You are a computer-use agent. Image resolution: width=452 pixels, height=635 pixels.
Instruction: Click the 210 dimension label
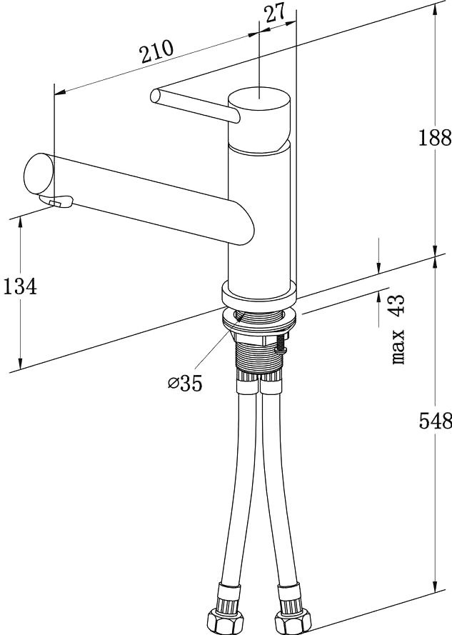(x=156, y=51)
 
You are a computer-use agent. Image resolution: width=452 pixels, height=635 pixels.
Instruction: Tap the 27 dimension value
(x=276, y=14)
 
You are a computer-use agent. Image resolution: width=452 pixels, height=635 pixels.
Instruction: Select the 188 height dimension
(x=435, y=138)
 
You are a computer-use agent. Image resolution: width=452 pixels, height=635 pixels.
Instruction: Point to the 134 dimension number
(x=20, y=286)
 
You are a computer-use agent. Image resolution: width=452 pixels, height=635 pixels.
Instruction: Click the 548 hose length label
(x=435, y=421)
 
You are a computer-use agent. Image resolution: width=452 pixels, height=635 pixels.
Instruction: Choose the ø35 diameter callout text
(x=185, y=383)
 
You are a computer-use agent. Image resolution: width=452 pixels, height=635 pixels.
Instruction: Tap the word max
(x=398, y=346)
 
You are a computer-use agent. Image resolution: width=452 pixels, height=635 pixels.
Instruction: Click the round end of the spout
(x=39, y=174)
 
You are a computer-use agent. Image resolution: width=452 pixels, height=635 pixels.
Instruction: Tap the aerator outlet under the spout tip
(x=56, y=201)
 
